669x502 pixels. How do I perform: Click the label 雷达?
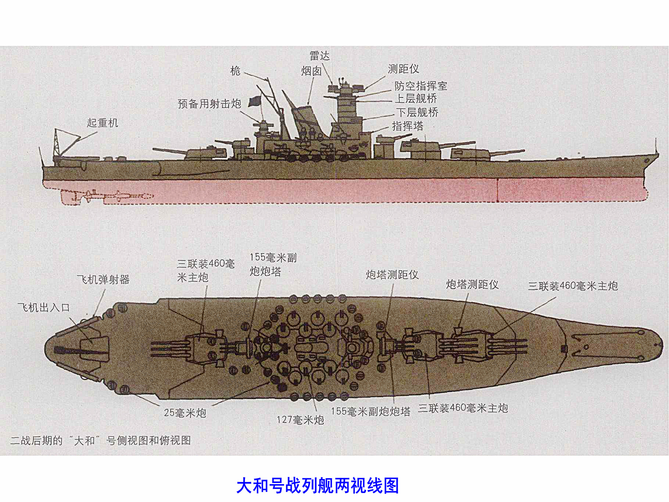[320, 56]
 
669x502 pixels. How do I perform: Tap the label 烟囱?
[311, 71]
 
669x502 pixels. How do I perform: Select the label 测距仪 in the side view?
[403, 69]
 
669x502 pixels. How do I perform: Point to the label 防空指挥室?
[421, 86]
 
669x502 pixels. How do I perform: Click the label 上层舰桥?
[416, 99]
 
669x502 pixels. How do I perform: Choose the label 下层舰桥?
[417, 112]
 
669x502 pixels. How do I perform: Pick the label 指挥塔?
[408, 126]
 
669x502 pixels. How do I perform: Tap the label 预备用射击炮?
[209, 104]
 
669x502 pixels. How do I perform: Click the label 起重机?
[103, 123]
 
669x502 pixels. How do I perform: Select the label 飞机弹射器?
[103, 280]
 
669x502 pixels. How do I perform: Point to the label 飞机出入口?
[44, 308]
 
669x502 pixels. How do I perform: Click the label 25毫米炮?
[185, 413]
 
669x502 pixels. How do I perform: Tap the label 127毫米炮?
[300, 420]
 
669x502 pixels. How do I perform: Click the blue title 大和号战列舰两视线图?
[317, 486]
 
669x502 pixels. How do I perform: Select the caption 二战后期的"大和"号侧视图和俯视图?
[100, 441]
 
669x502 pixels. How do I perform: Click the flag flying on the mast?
[255, 101]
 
